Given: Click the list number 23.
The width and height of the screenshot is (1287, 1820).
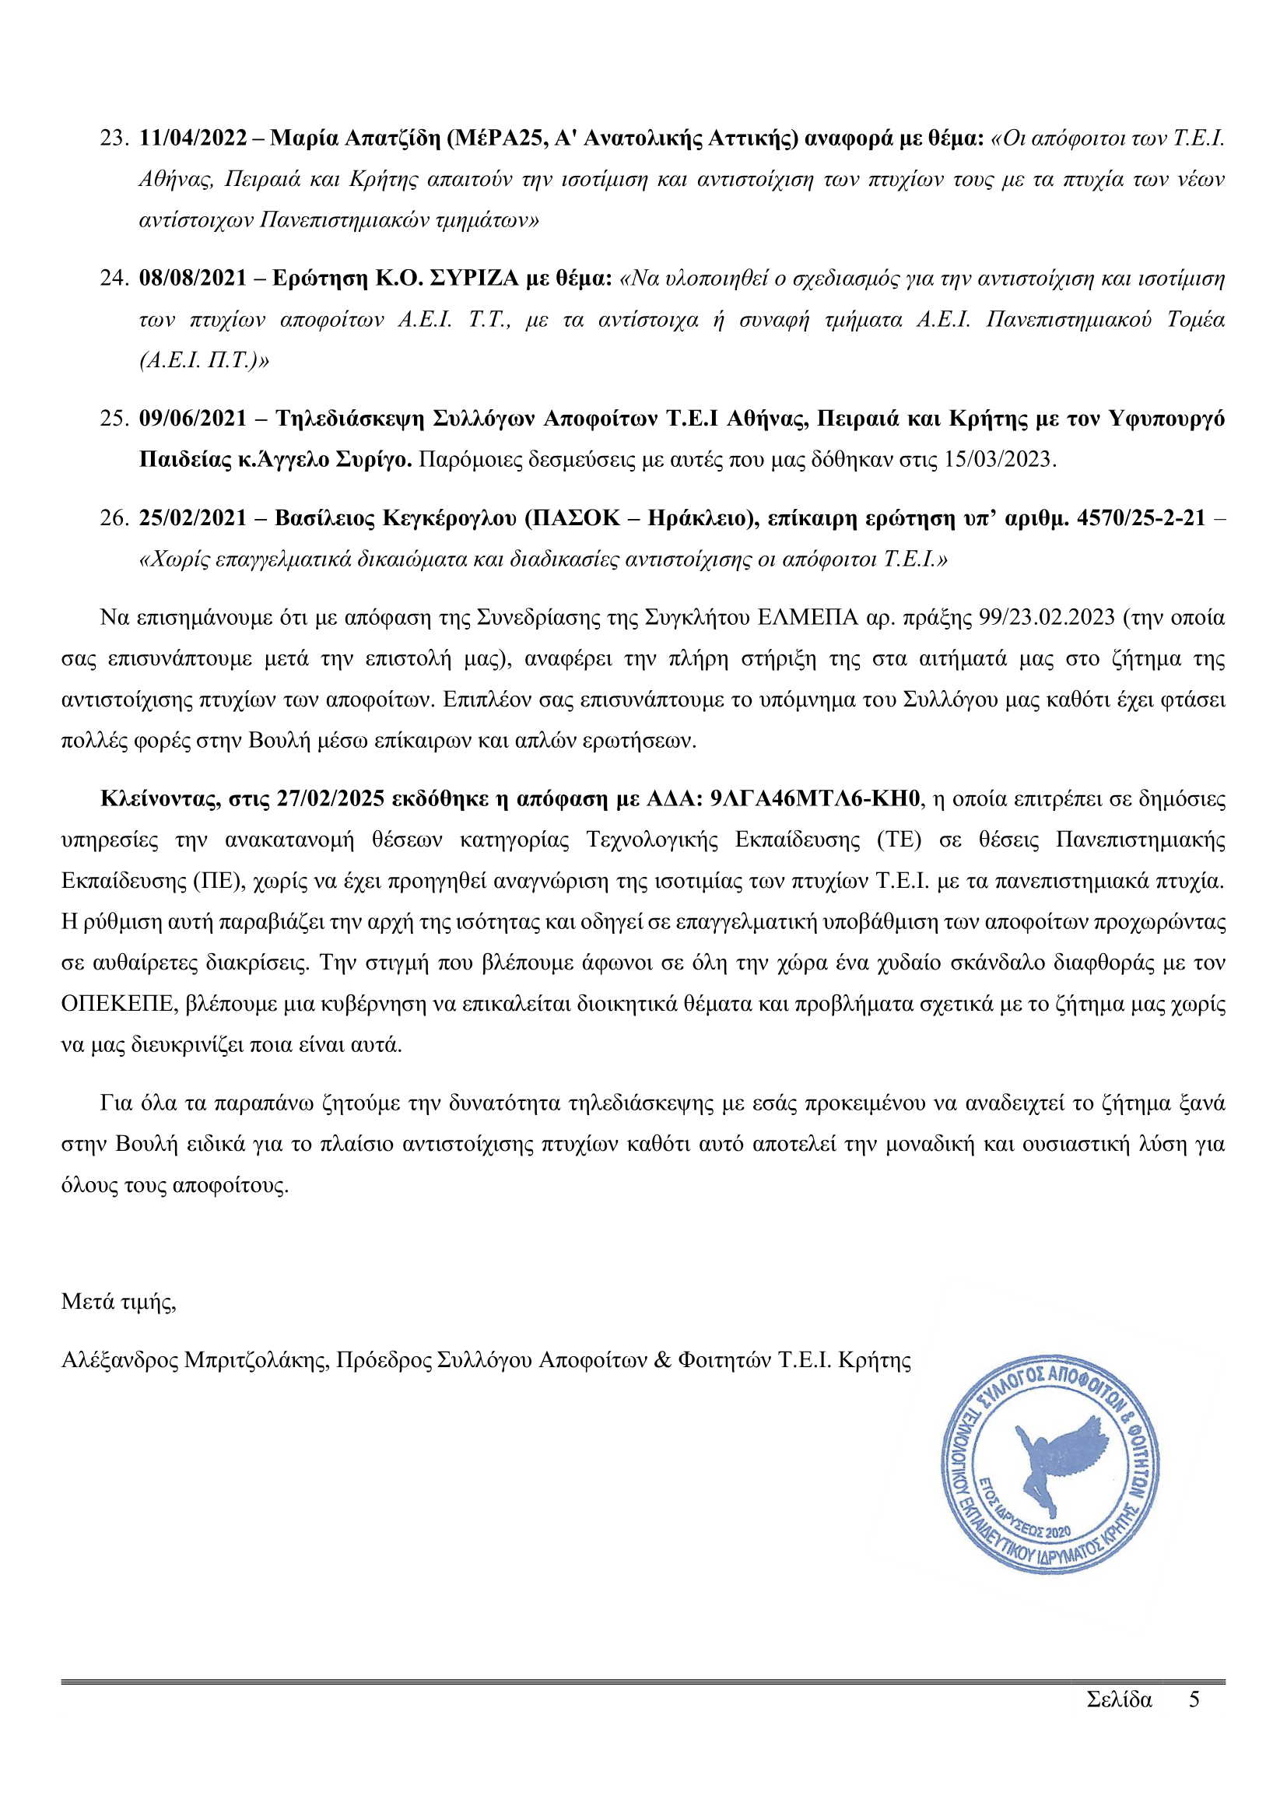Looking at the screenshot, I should pos(114,138).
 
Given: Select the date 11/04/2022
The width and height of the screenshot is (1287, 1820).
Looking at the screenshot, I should pos(192,138).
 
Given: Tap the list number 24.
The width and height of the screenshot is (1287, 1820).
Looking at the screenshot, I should pos(114,279).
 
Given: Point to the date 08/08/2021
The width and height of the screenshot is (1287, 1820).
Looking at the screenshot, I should pos(192,279).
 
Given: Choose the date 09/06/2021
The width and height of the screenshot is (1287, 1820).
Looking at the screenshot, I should pos(192,418).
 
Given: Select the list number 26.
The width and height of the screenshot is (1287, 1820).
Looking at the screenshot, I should pos(114,518).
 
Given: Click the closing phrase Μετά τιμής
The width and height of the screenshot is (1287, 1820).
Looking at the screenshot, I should pos(118,1302).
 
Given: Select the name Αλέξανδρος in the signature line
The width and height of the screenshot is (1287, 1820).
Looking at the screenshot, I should pos(120,1360).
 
